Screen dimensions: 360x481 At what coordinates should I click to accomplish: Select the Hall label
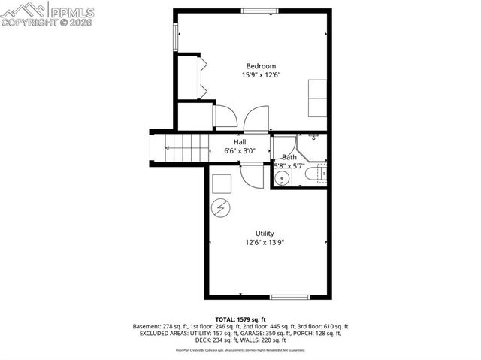pos(240,141)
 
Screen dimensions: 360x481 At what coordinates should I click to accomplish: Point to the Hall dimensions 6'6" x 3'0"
pos(240,150)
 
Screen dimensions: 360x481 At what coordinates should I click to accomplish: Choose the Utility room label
pos(264,233)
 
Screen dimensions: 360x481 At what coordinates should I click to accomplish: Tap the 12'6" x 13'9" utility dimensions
pos(264,242)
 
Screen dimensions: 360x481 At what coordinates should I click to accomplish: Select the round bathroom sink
pos(281,178)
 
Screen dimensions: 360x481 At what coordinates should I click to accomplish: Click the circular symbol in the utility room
pos(221,208)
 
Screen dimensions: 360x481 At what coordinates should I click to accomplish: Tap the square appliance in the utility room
pos(220,183)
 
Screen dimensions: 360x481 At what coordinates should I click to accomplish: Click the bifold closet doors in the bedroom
pos(202,78)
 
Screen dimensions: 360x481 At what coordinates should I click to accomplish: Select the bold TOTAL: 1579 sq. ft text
pos(241,320)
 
